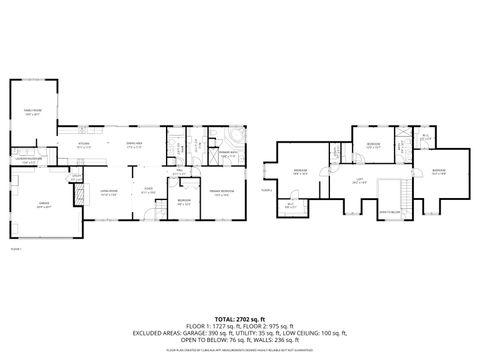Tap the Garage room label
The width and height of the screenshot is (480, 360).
[x=44, y=208]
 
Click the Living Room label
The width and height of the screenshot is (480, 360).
[x=110, y=190]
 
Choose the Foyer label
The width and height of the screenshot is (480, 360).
[x=147, y=190]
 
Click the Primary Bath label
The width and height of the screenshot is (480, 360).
[x=226, y=152]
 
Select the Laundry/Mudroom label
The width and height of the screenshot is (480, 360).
[x=27, y=159]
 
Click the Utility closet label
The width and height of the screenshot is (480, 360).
[x=76, y=180]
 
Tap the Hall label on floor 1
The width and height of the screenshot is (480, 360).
[x=180, y=173]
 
